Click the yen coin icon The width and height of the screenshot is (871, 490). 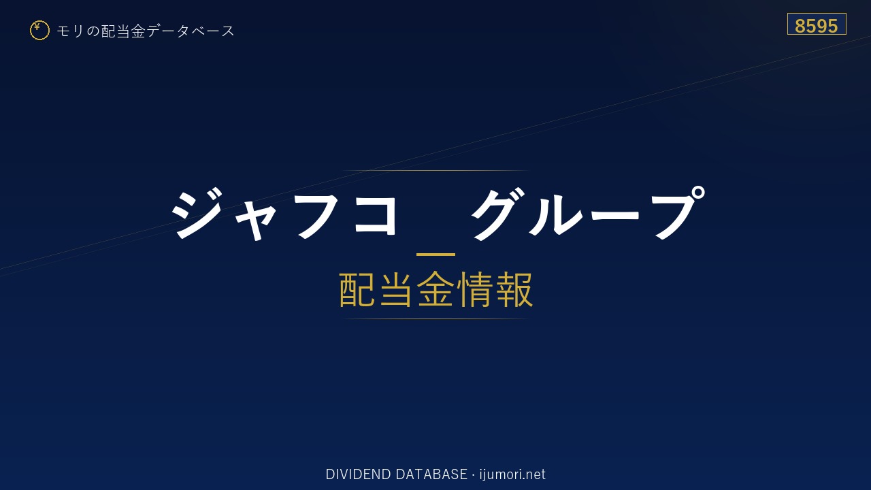[39, 31]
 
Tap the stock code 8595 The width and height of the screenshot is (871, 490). [816, 26]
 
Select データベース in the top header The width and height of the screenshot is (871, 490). [191, 31]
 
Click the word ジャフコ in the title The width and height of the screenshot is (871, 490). [284, 213]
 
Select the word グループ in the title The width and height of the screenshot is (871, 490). [587, 213]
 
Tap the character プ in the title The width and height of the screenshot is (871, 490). [676, 212]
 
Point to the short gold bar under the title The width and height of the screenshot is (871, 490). [435, 255]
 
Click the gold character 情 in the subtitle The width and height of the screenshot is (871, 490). [474, 289]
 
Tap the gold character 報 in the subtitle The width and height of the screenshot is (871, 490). [513, 289]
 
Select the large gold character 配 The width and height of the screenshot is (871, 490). [357, 289]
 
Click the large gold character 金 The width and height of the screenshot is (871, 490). [435, 289]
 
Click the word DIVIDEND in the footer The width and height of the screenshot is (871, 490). [358, 474]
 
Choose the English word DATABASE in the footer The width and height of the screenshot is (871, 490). [431, 474]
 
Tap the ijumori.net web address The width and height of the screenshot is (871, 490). [512, 474]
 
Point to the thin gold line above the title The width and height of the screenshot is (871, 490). [435, 170]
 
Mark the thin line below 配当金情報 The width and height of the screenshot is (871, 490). [435, 319]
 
